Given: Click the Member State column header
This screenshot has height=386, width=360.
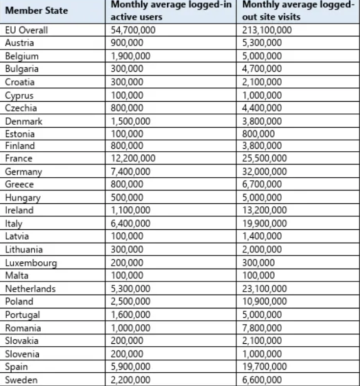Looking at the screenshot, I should click(x=36, y=11).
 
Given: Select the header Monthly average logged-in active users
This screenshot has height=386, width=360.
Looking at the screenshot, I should click(x=171, y=11).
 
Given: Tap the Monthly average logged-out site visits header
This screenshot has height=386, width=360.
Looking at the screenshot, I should click(x=298, y=11).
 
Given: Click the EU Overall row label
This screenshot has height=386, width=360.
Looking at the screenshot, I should click(x=26, y=30).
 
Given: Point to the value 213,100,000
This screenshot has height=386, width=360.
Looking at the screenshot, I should click(x=267, y=30).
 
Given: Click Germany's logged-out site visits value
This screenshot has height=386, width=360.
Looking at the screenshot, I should click(x=264, y=172).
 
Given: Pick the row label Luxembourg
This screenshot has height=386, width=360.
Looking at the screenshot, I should click(x=31, y=263).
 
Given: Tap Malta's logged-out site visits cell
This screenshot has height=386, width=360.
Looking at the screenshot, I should click(x=258, y=276).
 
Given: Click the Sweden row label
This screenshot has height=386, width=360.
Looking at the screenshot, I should click(x=21, y=380).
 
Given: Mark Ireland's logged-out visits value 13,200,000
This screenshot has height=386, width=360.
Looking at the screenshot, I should click(x=264, y=211).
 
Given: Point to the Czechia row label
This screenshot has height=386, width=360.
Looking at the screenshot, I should click(x=21, y=108).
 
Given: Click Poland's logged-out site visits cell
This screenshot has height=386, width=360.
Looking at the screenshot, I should click(x=264, y=302).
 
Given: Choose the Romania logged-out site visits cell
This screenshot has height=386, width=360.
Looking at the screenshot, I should click(x=262, y=328).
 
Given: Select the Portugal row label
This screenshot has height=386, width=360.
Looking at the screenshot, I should click(x=23, y=315).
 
